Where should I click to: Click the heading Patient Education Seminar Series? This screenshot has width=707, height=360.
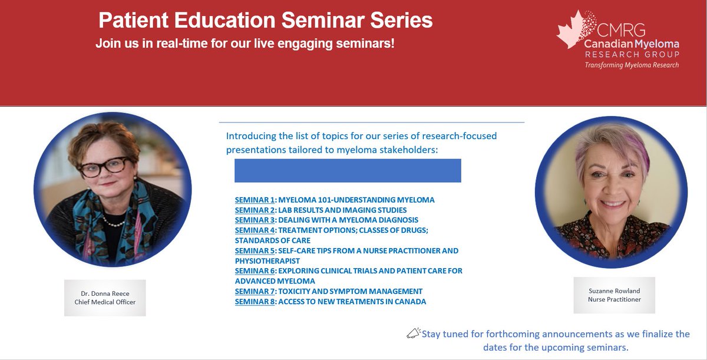click(x=265, y=21)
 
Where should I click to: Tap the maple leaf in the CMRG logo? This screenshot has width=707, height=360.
click(x=571, y=29)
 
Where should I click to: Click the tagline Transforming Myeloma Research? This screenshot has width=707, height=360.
click(x=631, y=65)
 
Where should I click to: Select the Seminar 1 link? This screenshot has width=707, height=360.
click(x=255, y=200)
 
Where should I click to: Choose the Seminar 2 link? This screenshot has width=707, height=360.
click(x=255, y=210)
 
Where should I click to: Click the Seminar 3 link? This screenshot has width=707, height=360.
click(x=255, y=220)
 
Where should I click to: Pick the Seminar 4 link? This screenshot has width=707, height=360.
click(x=255, y=230)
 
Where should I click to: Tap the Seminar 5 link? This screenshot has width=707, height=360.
click(x=255, y=251)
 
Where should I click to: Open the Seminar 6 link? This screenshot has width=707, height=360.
click(x=255, y=271)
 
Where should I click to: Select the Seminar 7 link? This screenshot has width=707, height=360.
click(x=255, y=292)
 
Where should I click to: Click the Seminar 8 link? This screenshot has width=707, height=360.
click(x=255, y=302)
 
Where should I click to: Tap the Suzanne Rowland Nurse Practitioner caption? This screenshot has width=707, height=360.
click(x=614, y=295)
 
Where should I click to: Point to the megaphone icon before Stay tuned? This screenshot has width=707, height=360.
click(x=413, y=334)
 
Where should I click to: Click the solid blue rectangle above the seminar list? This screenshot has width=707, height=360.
click(x=348, y=171)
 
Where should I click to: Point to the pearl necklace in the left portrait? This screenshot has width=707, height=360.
click(x=112, y=222)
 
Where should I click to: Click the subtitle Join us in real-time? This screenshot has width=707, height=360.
click(x=245, y=44)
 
